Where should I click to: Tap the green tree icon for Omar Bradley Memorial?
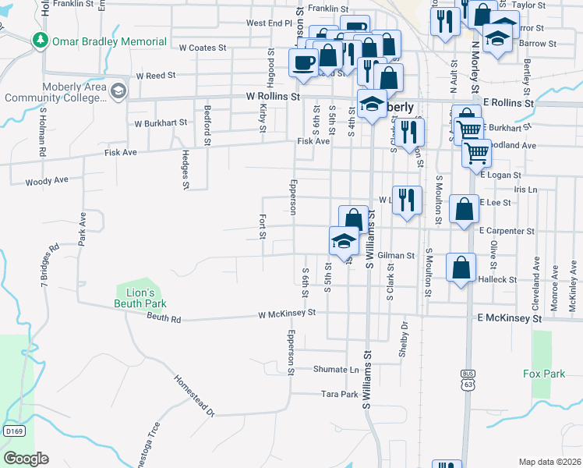point(38,39)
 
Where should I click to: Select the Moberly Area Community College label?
point(55,91)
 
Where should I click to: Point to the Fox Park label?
point(544,374)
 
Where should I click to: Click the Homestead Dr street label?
point(193,396)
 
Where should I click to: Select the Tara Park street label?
point(339,395)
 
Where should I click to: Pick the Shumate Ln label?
point(336,370)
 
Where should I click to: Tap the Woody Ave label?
point(47,180)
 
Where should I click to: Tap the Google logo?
point(26,459)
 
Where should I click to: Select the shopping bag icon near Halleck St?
point(461,268)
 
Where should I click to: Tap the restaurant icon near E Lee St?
point(406,200)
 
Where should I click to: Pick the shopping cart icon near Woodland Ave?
point(475,152)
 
